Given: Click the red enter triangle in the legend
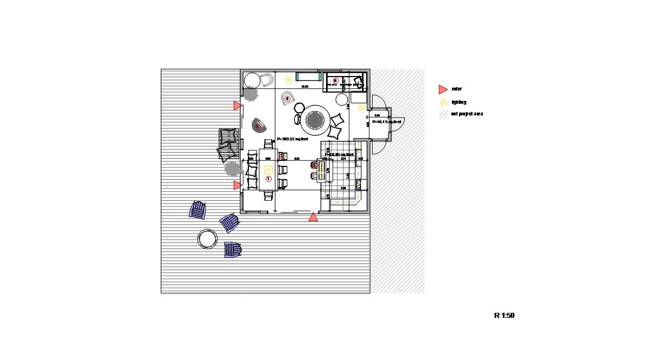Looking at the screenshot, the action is (442, 89).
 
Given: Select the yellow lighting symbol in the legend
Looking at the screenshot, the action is (443, 102).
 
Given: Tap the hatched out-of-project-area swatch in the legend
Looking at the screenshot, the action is (444, 114).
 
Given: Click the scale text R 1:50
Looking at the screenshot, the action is (504, 316).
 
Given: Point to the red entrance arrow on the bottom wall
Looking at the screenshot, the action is (313, 217).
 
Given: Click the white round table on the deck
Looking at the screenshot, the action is (207, 239).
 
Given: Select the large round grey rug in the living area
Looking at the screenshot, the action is (315, 120).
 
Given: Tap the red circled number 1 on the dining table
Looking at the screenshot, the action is (268, 179).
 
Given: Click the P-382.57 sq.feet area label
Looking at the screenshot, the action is (292, 139).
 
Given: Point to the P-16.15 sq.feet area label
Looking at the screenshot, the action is (386, 121).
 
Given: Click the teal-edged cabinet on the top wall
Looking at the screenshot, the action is (309, 77).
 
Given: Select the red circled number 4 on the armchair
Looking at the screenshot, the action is (287, 99).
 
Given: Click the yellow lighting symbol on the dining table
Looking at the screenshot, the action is (268, 170).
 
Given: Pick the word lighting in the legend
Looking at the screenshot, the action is (459, 102).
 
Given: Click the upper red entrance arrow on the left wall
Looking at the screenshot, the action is (237, 105).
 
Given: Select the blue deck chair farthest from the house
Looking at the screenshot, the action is (197, 210).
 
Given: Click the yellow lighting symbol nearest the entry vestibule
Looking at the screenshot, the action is (361, 108).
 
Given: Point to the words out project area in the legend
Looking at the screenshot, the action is (467, 114).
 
